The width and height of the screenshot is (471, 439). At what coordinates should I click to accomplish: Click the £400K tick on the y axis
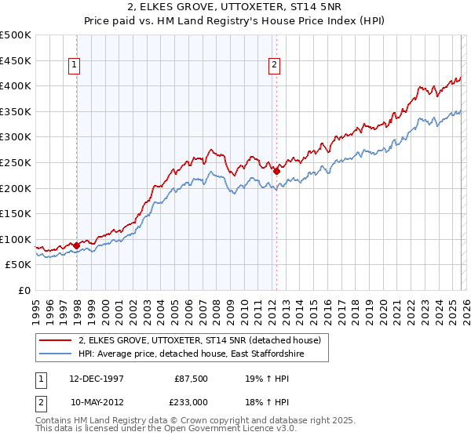(16, 85)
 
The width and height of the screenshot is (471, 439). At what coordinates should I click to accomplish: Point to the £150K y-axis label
(16, 213)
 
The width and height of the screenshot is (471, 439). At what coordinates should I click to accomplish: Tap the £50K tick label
(19, 265)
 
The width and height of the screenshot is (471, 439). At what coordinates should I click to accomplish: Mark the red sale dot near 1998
(77, 245)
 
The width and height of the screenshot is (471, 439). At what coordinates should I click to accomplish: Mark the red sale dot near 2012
(276, 171)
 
